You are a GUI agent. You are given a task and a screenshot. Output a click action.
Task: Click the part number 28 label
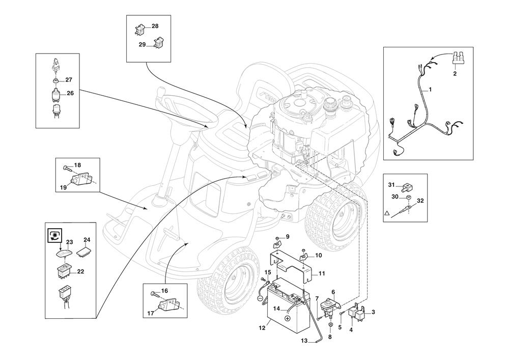point(155,25)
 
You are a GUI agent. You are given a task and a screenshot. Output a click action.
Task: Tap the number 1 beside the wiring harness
point(430,90)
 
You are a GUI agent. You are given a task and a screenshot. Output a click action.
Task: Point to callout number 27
point(69,80)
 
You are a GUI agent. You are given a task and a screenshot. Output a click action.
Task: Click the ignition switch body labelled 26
point(56,94)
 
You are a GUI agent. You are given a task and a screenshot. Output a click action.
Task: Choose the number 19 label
point(64,187)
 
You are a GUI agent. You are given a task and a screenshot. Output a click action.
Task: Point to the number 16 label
point(164,290)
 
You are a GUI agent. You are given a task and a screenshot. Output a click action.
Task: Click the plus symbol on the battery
point(287,318)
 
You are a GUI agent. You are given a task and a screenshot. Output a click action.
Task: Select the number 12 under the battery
point(262,328)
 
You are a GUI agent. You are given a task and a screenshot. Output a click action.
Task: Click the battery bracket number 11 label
point(321,273)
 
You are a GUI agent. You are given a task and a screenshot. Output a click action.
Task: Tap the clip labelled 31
point(407,185)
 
